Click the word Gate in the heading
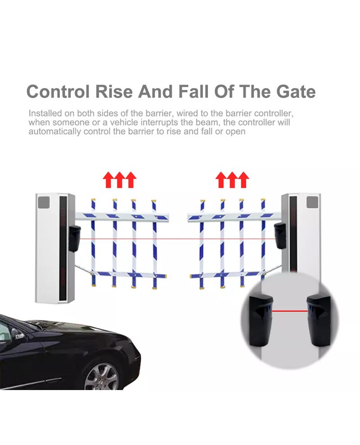(296, 91)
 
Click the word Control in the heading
(58, 91)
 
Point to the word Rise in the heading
(114, 91)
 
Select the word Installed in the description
(45, 113)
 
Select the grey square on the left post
(44, 202)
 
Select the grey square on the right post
(312, 202)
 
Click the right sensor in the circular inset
(318, 321)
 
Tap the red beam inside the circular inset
(290, 311)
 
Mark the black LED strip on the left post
(63, 249)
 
